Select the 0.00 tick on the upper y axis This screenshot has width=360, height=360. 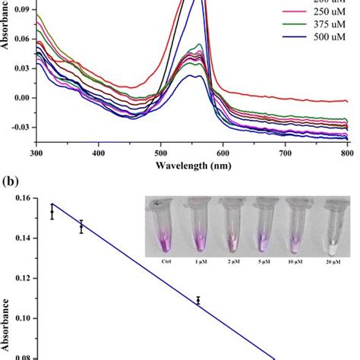click(23, 98)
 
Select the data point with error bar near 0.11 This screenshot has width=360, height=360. click(198, 301)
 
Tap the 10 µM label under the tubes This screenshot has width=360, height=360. click(297, 261)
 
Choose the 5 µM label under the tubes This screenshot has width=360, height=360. click(264, 261)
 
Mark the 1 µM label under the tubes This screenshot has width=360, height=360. click(196, 261)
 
